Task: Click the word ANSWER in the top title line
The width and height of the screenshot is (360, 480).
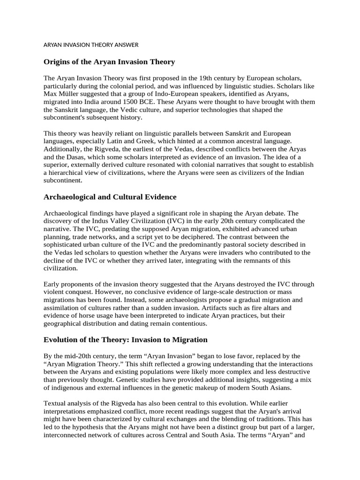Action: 126,45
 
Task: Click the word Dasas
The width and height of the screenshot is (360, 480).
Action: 77,157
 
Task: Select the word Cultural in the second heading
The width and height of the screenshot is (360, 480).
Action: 126,197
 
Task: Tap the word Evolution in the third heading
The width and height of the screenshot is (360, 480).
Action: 63,340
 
